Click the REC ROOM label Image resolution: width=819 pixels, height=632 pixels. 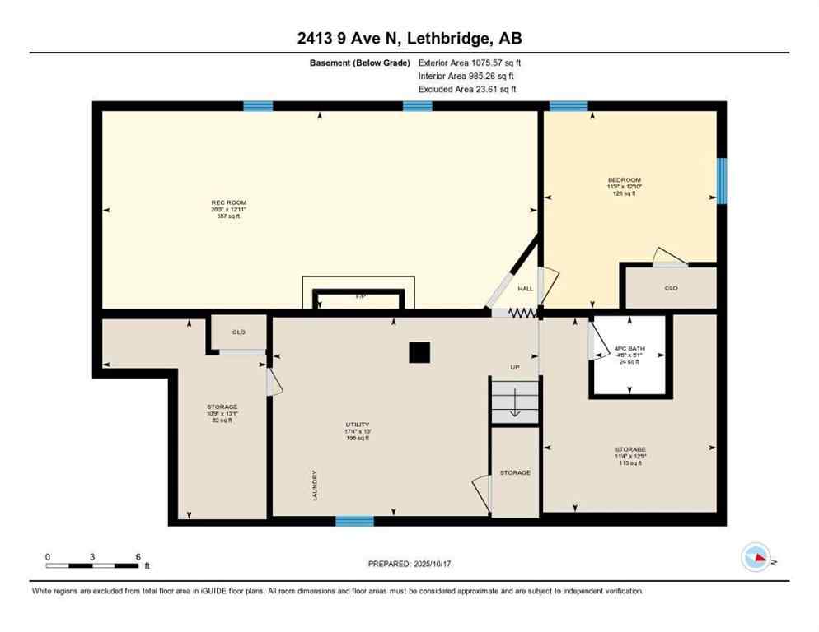click(x=228, y=202)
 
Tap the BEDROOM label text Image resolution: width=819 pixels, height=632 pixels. click(x=624, y=179)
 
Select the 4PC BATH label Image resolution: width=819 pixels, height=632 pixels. click(x=629, y=349)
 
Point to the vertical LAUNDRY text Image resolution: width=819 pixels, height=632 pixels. click(x=315, y=486)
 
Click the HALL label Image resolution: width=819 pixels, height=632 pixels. click(x=526, y=289)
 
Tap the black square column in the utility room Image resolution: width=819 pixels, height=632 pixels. click(x=419, y=351)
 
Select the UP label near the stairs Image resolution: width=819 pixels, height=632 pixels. click(x=515, y=367)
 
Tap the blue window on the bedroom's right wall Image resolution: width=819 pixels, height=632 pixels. click(x=721, y=180)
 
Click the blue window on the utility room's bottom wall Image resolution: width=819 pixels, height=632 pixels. click(x=354, y=521)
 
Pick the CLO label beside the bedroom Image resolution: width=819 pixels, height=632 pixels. click(x=671, y=289)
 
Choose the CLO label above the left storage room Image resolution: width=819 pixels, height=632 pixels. click(x=238, y=332)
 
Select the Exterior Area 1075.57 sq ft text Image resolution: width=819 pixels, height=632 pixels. click(x=470, y=62)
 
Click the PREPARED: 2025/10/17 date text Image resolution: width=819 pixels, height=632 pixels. click(x=409, y=564)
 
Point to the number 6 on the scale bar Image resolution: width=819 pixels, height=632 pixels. click(x=137, y=557)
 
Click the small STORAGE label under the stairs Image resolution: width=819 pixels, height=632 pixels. click(x=515, y=472)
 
